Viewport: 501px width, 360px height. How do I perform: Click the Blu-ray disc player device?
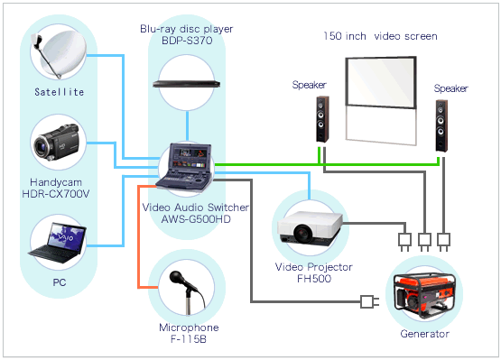[x=186, y=82]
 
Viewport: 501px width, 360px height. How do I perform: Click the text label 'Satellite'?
[x=60, y=92]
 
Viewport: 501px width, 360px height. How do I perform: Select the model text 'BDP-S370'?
[x=187, y=42]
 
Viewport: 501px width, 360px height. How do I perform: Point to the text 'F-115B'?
[x=187, y=338]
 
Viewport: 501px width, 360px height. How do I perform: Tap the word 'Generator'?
[x=425, y=334]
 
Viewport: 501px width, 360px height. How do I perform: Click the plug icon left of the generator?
[x=367, y=301]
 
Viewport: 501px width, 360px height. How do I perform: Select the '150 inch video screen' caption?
[x=380, y=37]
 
